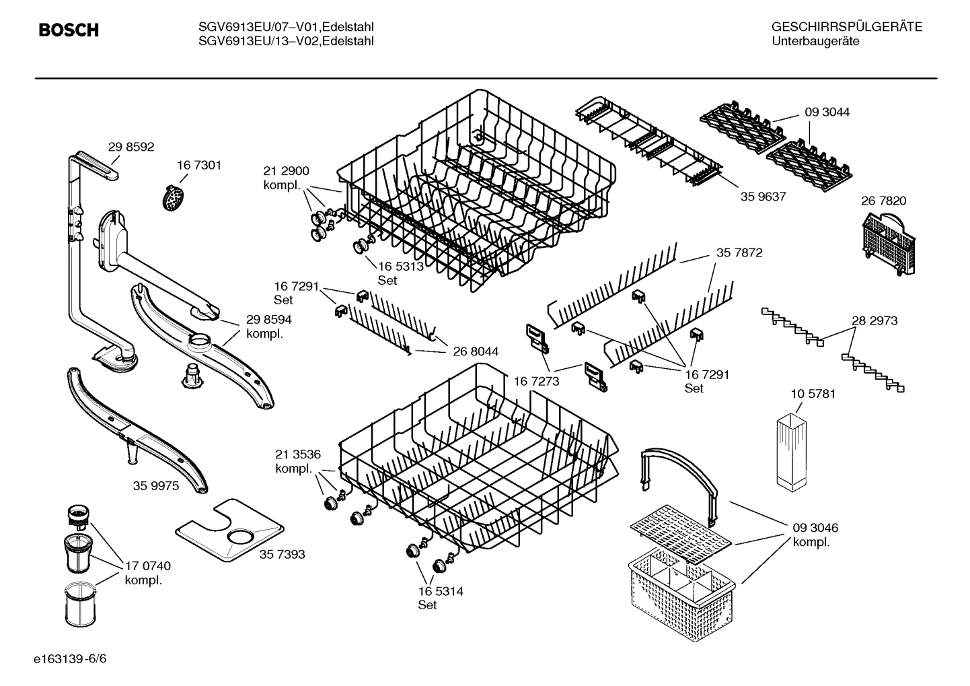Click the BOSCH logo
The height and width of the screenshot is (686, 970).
[69, 30]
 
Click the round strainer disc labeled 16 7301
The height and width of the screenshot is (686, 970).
[174, 198]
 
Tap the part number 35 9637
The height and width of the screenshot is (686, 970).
[763, 197]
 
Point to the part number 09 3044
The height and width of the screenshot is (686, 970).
[827, 112]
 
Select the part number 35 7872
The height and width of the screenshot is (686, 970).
[739, 253]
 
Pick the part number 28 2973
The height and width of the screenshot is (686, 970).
[874, 321]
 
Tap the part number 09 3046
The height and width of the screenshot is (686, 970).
[815, 528]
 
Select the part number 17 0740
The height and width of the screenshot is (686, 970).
[147, 566]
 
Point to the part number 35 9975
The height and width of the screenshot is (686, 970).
[156, 485]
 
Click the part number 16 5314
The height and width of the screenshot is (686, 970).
[440, 591]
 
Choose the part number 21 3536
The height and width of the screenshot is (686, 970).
[298, 454]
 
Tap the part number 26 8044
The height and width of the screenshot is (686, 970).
[476, 351]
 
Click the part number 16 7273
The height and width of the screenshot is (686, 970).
[536, 382]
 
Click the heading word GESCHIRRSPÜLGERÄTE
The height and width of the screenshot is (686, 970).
[846, 28]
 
